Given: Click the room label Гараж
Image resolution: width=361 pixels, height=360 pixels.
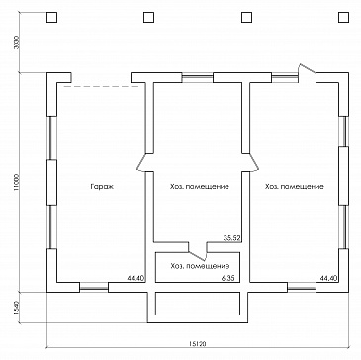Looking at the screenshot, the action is pyautogui.click(x=102, y=187).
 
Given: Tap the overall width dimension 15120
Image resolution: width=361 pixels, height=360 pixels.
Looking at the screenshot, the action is pyautogui.click(x=198, y=343).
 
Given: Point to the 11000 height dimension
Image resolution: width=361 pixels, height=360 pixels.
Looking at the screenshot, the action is pyautogui.click(x=17, y=182).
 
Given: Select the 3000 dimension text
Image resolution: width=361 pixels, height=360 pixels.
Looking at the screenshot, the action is pyautogui.click(x=17, y=42).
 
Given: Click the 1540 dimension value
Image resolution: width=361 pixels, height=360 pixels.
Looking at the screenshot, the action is pyautogui.click(x=17, y=308).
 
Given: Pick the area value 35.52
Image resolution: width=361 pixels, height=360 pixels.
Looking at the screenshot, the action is pyautogui.click(x=231, y=238).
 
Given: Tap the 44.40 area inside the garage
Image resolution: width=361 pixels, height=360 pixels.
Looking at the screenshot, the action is pyautogui.click(x=135, y=278).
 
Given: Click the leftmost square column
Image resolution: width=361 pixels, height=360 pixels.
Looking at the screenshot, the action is pyautogui.click(x=51, y=17).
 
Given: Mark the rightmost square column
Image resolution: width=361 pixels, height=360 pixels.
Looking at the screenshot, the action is pyautogui.click(x=343, y=17).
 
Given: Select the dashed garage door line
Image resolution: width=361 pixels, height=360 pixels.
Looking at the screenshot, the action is pyautogui.click(x=101, y=86).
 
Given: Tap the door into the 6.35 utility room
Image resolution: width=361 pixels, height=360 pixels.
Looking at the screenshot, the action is pyautogui.click(x=198, y=252).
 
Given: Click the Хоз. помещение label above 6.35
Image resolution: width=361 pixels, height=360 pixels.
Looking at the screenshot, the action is pyautogui.click(x=200, y=266).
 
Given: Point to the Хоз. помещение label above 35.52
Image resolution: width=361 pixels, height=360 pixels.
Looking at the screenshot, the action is pyautogui.click(x=200, y=187).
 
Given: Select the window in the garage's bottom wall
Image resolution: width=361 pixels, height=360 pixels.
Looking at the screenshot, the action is pyautogui.click(x=94, y=288).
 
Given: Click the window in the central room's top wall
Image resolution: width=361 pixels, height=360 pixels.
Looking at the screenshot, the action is pyautogui.click(x=198, y=78).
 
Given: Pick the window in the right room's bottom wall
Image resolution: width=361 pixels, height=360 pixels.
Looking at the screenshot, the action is pyautogui.click(x=302, y=288).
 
